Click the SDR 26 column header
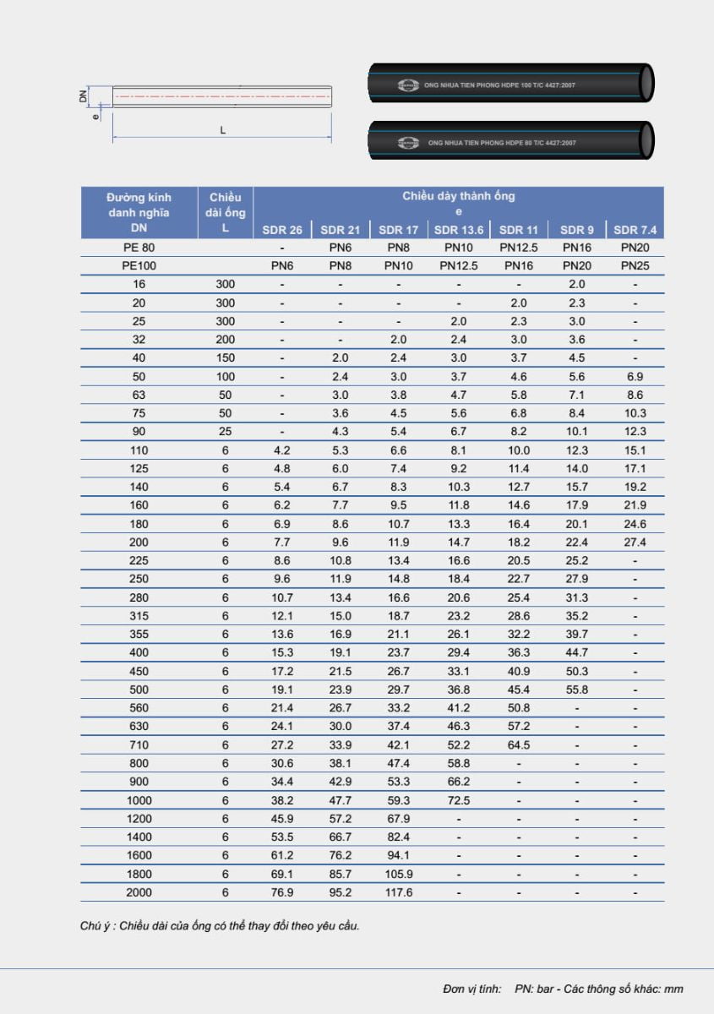point(282,230)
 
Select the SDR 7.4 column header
point(635,230)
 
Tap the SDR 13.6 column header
point(458,230)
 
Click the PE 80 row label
point(139,248)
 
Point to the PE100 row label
point(139,265)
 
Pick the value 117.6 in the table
point(398,892)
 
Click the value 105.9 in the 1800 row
point(398,874)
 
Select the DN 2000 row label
point(139,892)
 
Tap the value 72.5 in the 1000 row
point(458,800)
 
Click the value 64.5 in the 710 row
point(518,745)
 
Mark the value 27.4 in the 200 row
point(635,542)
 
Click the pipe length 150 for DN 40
point(225,358)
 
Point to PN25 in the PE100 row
point(635,265)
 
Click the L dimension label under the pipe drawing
point(222,130)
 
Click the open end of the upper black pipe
point(646,83)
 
